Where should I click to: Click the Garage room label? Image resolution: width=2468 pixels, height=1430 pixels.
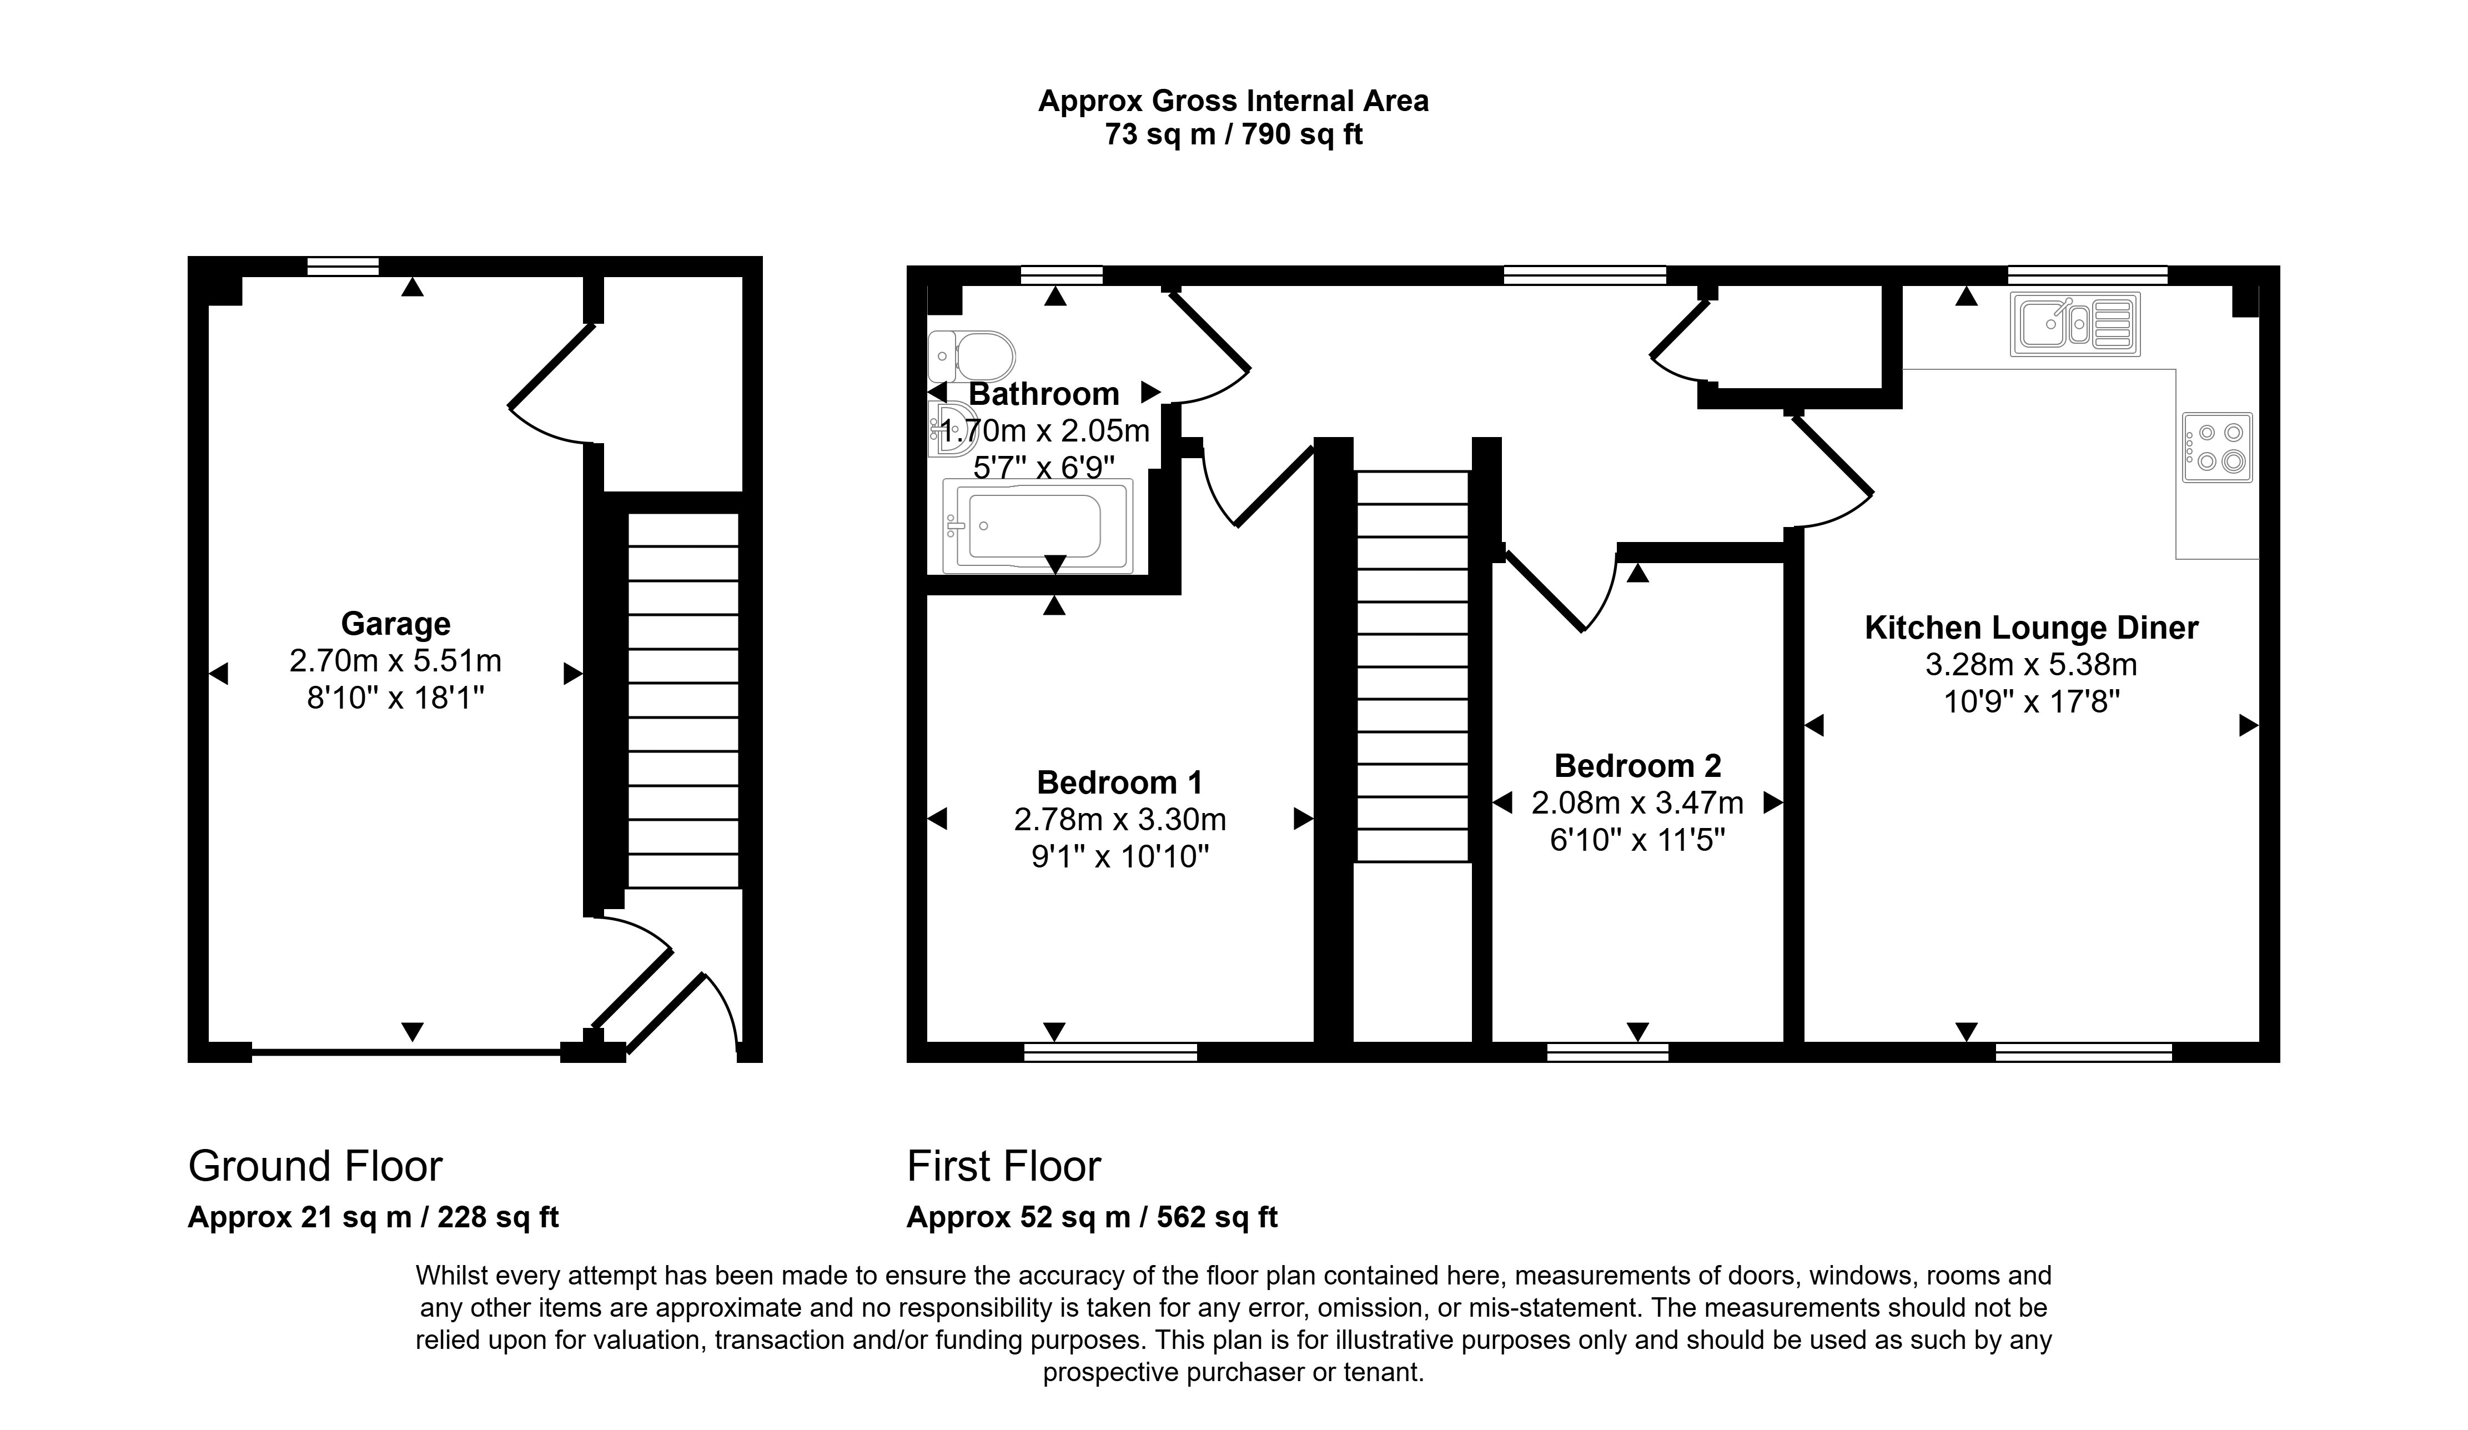tap(396, 624)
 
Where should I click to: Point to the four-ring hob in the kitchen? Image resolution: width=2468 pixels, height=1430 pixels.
tap(2217, 446)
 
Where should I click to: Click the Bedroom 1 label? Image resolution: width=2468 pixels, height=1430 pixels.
tap(1119, 782)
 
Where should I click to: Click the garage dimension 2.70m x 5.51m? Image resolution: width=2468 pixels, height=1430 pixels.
tap(396, 661)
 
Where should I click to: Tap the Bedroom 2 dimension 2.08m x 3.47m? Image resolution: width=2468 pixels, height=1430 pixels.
tap(1637, 803)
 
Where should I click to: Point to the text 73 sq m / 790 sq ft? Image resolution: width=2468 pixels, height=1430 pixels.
tap(1234, 134)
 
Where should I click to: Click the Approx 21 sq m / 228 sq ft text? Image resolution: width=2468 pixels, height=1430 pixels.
tap(373, 1217)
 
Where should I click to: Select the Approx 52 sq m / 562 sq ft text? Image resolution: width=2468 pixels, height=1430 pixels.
tap(1092, 1217)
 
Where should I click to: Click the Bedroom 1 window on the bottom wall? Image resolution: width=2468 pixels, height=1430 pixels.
tap(1110, 1052)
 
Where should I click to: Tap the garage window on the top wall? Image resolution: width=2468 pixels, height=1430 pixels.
tap(343, 267)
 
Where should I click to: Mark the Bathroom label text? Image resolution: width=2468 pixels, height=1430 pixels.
tap(1044, 394)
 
